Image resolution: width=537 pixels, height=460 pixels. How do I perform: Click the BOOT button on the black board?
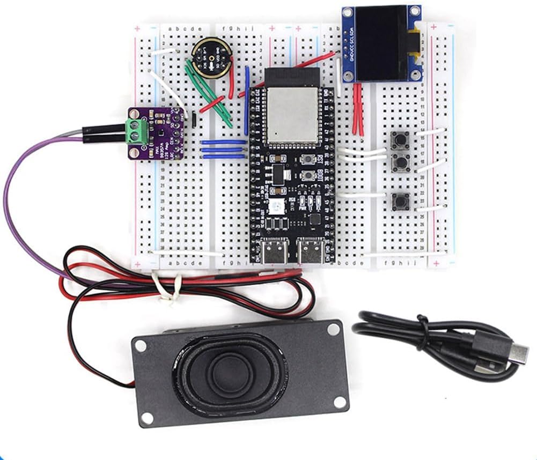(308, 175)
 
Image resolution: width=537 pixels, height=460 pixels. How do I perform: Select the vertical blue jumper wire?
(246, 99)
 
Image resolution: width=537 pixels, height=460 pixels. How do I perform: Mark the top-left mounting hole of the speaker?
(140, 346)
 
